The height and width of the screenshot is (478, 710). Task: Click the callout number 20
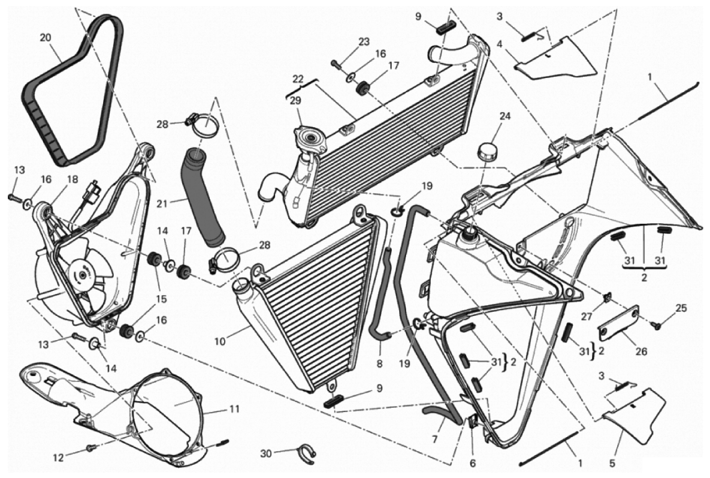click(x=46, y=38)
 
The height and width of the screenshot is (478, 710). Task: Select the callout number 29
click(x=295, y=101)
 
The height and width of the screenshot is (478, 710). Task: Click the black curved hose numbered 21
click(x=204, y=197)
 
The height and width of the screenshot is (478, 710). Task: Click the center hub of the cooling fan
click(x=83, y=275)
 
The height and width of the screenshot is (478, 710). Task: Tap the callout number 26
click(x=641, y=351)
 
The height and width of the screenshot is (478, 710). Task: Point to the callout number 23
click(x=364, y=42)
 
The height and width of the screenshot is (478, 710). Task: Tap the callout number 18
click(x=72, y=179)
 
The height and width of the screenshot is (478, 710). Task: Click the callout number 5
click(x=612, y=463)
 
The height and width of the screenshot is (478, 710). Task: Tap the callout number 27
click(x=587, y=316)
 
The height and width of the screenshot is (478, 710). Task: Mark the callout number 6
click(x=473, y=463)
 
